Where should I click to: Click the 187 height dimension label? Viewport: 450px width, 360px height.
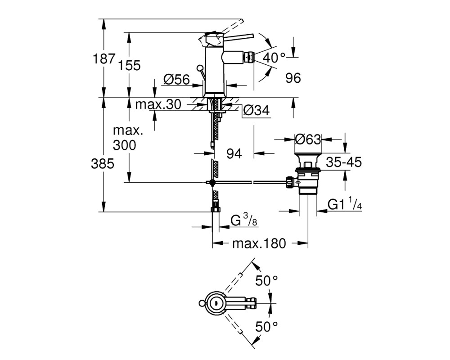(104, 59)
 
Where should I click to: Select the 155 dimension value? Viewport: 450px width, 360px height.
(130, 65)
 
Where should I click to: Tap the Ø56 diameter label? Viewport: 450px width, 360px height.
(177, 80)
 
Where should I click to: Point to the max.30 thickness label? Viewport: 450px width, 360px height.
(158, 104)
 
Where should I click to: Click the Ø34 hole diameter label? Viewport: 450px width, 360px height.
(256, 111)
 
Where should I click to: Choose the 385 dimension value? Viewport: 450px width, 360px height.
(103, 164)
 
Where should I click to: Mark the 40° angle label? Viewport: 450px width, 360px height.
(274, 58)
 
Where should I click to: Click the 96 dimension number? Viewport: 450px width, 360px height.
(293, 78)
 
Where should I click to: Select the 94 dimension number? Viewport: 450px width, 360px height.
(234, 154)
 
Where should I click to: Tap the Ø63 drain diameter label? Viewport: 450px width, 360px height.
(308, 140)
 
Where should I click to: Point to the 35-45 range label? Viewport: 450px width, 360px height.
(343, 162)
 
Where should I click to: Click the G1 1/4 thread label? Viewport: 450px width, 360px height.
(345, 204)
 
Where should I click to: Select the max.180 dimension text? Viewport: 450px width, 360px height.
(259, 244)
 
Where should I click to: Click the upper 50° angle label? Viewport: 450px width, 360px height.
(266, 281)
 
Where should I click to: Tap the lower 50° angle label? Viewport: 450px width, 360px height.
(266, 327)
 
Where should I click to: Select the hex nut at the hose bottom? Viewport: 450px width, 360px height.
(216, 209)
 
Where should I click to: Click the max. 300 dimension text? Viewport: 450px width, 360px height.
(125, 138)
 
